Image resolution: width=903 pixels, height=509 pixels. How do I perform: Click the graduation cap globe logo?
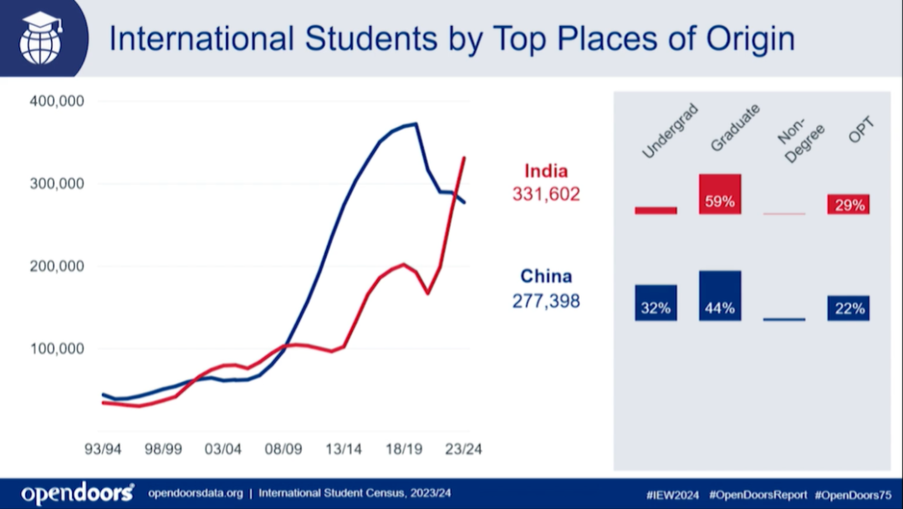(x=41, y=38)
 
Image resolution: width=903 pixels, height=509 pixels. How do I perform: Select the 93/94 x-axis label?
(x=103, y=449)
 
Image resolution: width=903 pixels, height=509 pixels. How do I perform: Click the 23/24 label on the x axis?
(x=463, y=449)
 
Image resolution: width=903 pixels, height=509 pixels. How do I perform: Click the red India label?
(x=545, y=171)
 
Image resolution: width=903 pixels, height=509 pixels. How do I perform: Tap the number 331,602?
(x=545, y=195)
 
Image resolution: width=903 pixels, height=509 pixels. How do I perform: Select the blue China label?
(x=545, y=276)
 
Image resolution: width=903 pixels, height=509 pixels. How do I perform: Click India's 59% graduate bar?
(x=720, y=194)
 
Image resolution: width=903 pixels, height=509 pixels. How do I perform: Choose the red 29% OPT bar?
(x=849, y=204)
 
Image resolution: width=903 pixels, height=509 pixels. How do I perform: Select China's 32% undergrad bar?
(x=656, y=303)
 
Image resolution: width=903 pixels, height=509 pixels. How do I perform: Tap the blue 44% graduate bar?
(x=720, y=296)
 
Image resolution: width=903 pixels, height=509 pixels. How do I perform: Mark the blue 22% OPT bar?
(x=849, y=308)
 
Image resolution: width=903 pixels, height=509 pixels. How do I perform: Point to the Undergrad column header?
(x=669, y=131)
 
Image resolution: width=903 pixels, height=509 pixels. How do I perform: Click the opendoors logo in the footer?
(x=77, y=493)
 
